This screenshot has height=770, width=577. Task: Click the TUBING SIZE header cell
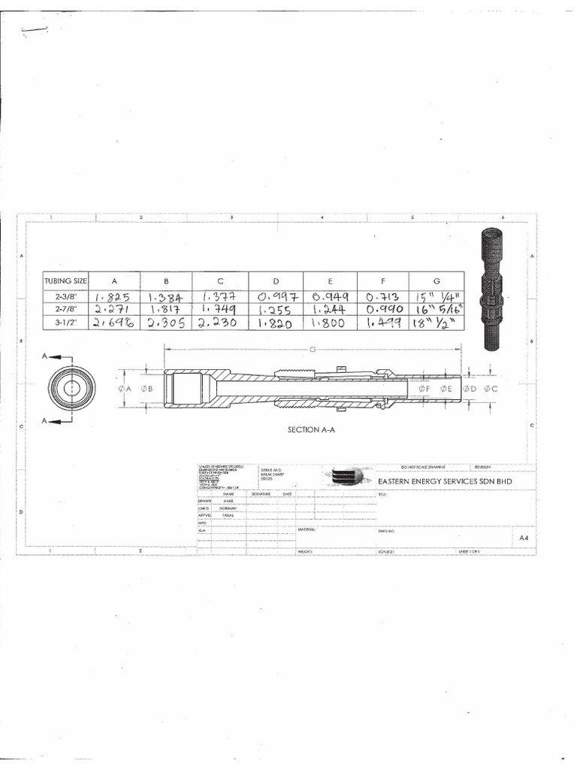point(66,280)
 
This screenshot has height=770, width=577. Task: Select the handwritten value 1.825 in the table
point(114,296)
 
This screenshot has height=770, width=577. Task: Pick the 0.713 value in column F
point(382,296)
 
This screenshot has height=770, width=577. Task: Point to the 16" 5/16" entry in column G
point(436,309)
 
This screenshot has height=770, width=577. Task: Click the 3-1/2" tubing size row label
point(66,322)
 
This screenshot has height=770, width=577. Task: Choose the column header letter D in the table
point(276,280)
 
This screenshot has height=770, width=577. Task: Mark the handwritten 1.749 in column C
point(221,309)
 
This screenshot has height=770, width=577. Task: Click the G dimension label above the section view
point(312,350)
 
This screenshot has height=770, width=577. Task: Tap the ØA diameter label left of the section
point(125,388)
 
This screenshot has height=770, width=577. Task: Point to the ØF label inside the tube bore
point(424,388)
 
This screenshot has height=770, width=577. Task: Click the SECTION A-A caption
point(312,430)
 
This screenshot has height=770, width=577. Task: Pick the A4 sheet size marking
point(525,538)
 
